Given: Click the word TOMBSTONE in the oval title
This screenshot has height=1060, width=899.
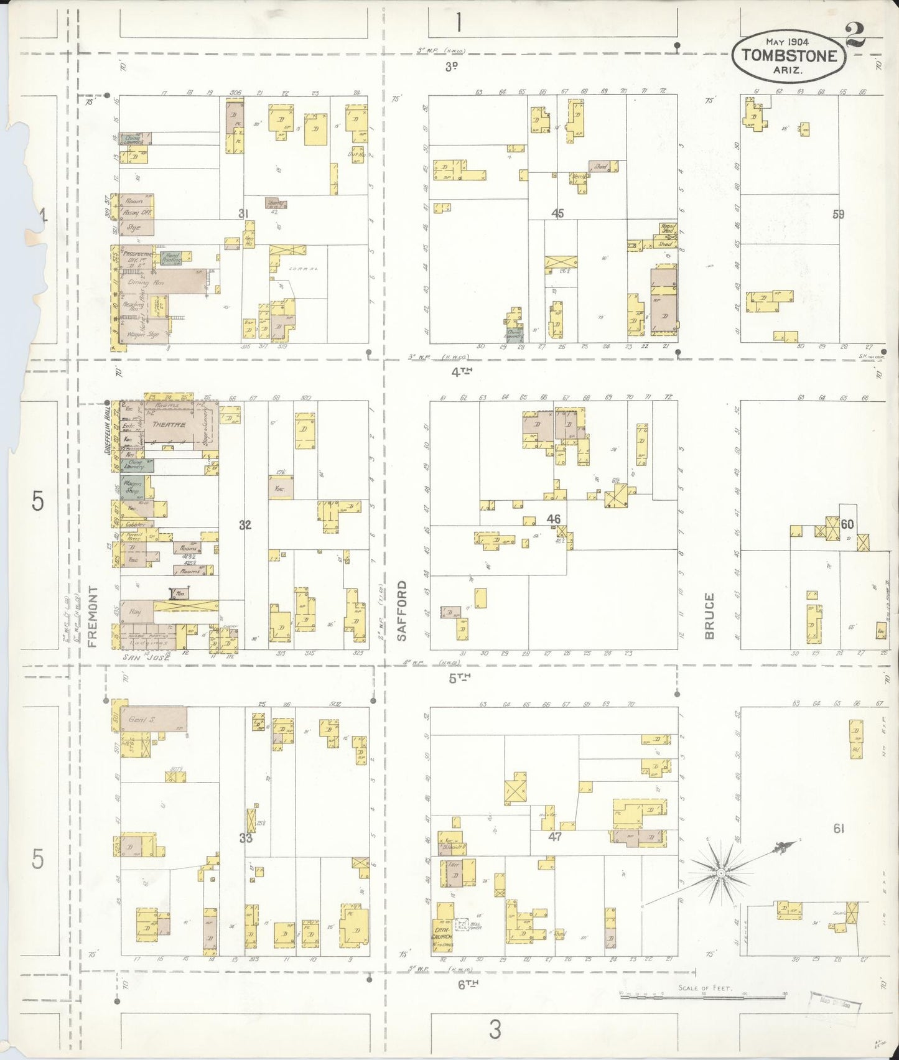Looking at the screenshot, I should pos(789,55).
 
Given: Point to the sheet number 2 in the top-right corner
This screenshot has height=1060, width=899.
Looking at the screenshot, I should pos(857,34).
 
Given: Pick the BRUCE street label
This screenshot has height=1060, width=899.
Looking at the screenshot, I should pos(709,616).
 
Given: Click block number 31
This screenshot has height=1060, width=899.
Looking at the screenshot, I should pos(243,214).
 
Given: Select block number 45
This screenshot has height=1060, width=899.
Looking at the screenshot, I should pos(557,213).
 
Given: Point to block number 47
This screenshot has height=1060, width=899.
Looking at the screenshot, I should pos(555,837).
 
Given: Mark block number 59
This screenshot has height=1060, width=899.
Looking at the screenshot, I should pos(839,214).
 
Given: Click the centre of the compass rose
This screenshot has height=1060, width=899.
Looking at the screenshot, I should pos(720,873).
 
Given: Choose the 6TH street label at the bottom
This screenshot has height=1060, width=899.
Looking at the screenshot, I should pos(466,983).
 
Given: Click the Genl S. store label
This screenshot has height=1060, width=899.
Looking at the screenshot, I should pos(141,720).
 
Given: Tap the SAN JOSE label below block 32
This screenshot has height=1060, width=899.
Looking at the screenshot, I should pos(146,657).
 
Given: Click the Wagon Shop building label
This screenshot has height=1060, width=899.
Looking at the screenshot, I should pos(133,487).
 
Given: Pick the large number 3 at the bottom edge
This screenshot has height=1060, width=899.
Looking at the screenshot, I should pos(495,1029).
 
